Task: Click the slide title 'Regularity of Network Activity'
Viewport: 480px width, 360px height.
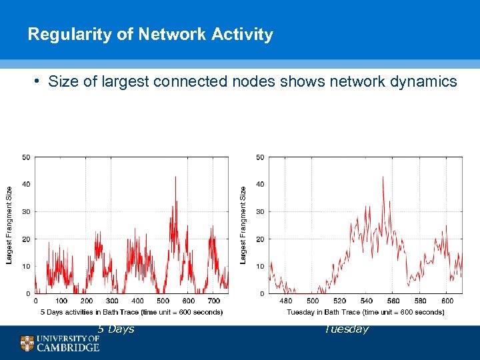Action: (x=150, y=35)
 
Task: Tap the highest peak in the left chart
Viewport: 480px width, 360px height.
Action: (x=175, y=177)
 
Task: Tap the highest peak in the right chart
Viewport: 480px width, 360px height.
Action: (x=383, y=177)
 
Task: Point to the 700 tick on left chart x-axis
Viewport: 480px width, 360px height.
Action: (x=214, y=301)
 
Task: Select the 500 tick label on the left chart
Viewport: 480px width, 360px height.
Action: (x=163, y=301)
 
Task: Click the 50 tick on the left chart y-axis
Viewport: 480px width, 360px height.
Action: (x=26, y=157)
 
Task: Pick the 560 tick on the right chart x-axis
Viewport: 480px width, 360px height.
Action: (x=393, y=301)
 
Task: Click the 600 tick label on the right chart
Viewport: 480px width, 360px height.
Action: (x=447, y=301)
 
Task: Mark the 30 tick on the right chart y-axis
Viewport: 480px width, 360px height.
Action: (x=260, y=211)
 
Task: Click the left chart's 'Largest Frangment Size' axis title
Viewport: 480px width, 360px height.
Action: (x=9, y=225)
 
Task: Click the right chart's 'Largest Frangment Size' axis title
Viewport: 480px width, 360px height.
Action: (x=243, y=225)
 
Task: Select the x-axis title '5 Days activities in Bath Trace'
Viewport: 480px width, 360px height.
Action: (x=131, y=312)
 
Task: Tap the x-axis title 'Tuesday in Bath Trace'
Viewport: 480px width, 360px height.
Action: (x=365, y=312)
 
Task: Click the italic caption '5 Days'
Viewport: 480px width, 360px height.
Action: (x=116, y=329)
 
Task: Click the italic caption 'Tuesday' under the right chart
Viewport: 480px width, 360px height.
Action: (x=346, y=329)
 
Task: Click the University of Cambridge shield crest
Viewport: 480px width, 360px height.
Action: (x=27, y=343)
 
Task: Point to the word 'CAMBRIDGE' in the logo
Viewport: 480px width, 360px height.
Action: (x=68, y=347)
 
